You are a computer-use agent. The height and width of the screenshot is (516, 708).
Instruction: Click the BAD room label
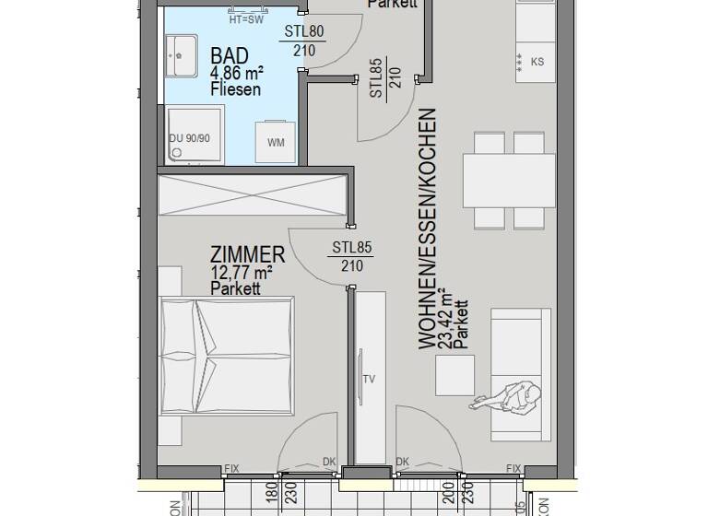[x=230, y=55]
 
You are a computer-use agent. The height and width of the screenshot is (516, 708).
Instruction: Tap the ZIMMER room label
[x=247, y=254]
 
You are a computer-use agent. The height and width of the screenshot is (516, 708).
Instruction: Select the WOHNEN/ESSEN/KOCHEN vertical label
[x=427, y=229]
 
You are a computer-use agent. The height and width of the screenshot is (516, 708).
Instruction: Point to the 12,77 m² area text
[x=242, y=273]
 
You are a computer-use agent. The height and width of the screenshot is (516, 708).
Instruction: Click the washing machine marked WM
[x=276, y=142]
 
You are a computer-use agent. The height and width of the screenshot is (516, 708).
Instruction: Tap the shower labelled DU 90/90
[x=195, y=135]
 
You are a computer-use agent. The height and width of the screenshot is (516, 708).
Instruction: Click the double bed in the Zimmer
[x=227, y=354]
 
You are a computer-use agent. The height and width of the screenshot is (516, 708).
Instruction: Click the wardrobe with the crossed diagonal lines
[x=252, y=195]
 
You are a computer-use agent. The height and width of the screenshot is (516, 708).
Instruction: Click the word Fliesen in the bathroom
[x=235, y=89]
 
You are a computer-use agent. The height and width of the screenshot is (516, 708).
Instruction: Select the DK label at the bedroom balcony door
[x=329, y=463]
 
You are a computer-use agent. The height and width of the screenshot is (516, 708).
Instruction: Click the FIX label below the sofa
[x=514, y=468]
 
